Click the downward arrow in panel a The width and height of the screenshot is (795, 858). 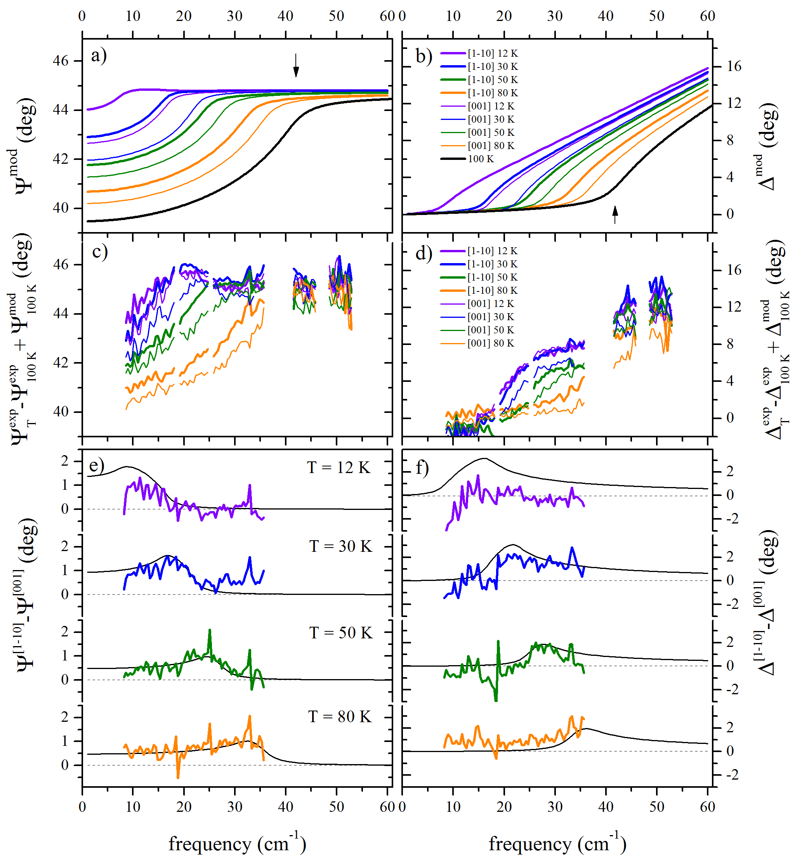point(296,65)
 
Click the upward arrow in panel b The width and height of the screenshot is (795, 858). point(615,215)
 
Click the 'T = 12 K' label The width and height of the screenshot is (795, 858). point(338,468)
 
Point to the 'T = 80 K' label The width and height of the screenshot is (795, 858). point(340,717)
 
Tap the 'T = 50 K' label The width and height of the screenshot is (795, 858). point(341,633)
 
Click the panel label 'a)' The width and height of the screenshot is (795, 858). point(99,56)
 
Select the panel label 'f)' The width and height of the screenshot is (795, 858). point(422,468)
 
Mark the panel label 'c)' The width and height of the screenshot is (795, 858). point(100,252)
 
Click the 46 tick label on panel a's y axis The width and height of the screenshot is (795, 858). point(61,61)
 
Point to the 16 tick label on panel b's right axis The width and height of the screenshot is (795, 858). point(734,66)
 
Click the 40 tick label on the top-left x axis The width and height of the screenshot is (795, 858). point(285,16)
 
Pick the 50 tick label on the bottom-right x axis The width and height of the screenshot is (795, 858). point(656,807)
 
